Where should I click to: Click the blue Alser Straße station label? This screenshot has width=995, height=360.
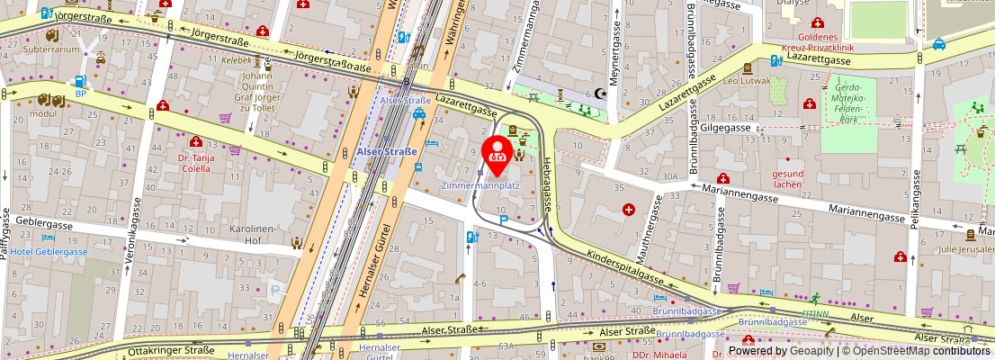point(387,152)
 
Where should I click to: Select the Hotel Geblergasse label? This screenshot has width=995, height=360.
point(49,252)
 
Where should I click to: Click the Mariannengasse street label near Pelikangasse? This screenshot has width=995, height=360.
point(865,216)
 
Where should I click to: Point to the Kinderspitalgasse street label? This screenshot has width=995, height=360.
point(627,265)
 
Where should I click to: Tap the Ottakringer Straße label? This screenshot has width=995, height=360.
point(172,351)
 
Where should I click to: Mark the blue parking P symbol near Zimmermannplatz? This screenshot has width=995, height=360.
point(504,218)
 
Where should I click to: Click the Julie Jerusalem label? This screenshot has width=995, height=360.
point(965,249)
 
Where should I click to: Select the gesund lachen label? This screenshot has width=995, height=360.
point(787,179)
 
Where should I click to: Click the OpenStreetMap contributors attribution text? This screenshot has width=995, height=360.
point(923,351)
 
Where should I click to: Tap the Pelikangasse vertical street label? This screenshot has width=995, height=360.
point(914,201)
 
